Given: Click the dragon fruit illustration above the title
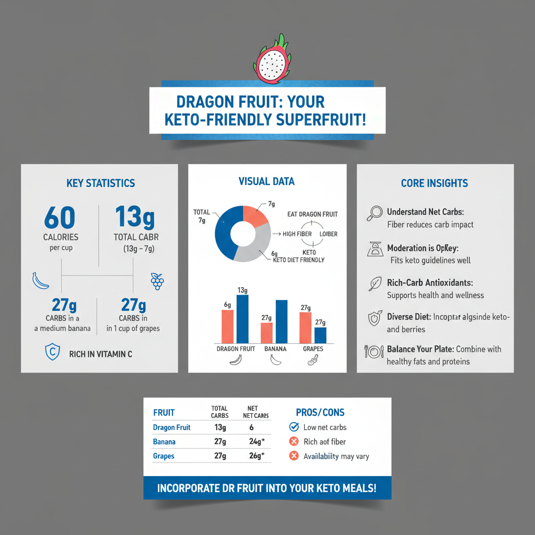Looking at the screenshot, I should click(272, 61).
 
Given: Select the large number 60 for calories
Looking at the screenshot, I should click(60, 218).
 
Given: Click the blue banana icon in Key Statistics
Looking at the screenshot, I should click(41, 281).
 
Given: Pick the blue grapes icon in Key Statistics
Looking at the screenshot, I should click(157, 281).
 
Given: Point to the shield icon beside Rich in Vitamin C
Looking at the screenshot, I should click(51, 353).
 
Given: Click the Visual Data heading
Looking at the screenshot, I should click(266, 182).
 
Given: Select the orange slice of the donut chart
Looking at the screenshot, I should click(255, 215).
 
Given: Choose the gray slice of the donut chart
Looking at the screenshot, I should click(253, 249).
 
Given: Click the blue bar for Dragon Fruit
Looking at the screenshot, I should click(242, 318).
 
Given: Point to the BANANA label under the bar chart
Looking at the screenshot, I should click(275, 348).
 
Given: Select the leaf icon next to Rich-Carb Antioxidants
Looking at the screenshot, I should click(374, 283).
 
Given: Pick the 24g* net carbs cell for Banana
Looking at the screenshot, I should click(257, 442).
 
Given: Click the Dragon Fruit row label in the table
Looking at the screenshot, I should click(172, 427).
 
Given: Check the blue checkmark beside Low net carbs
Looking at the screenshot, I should click(294, 427).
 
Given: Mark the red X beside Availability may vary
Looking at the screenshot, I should click(294, 456).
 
